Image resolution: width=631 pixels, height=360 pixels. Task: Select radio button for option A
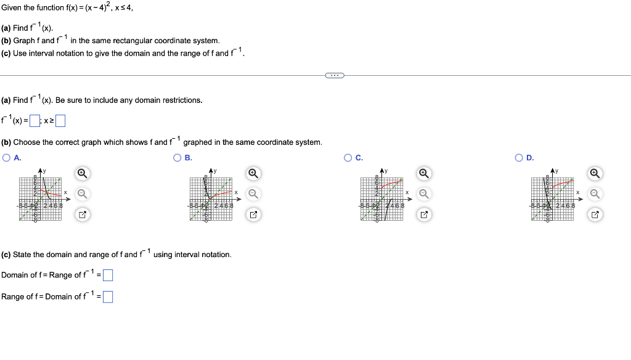tap(6, 158)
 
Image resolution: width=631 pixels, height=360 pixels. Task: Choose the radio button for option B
tap(178, 158)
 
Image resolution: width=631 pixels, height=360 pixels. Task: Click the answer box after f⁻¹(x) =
tap(35, 121)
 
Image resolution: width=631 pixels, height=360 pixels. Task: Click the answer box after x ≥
tap(60, 121)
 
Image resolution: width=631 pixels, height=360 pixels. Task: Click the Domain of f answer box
tap(108, 276)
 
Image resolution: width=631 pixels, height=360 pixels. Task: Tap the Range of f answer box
tap(108, 297)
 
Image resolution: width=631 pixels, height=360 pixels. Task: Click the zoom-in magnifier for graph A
tap(81, 173)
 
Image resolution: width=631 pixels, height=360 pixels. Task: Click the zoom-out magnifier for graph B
tap(253, 194)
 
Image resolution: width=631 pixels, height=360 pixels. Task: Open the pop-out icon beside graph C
tap(423, 215)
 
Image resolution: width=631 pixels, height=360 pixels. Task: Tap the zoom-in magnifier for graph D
tap(595, 173)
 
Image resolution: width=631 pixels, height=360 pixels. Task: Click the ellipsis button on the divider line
tap(334, 75)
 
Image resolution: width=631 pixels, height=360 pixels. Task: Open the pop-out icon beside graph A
tap(81, 215)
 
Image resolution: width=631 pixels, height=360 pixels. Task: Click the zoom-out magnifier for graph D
tap(595, 194)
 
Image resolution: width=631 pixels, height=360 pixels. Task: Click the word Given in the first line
tap(11, 7)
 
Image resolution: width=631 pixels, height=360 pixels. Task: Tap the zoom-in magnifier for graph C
tap(423, 173)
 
